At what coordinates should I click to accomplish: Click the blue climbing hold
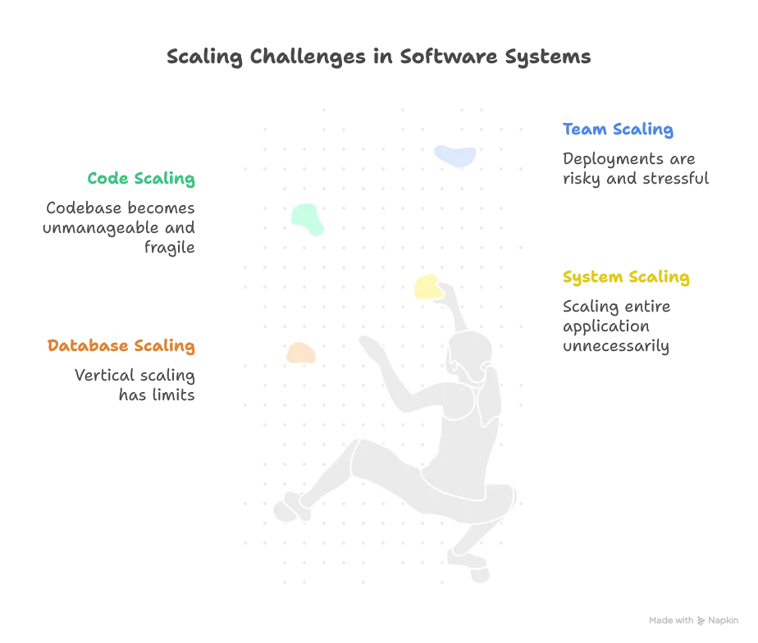coord(454,154)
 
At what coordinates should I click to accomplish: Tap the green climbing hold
coord(308,218)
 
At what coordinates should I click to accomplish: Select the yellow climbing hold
coord(427,286)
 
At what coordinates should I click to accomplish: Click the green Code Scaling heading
coord(141,179)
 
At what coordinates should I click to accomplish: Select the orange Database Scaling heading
coord(121,345)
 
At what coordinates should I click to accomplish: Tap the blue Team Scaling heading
coord(618,130)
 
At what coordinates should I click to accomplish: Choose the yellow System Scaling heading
coord(626,278)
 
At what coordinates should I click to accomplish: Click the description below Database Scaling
coord(135,386)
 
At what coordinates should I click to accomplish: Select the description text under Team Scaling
coord(632,170)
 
